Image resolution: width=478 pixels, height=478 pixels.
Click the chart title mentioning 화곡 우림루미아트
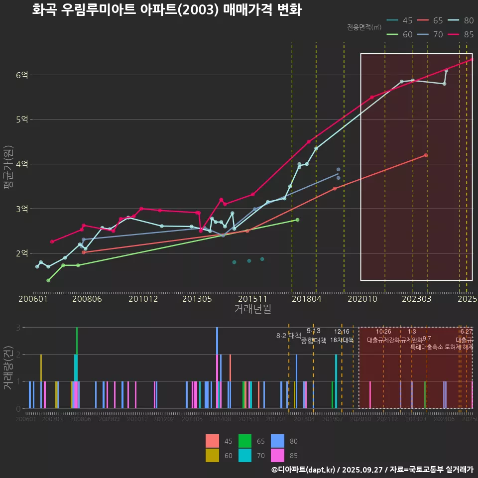(x=166, y=10)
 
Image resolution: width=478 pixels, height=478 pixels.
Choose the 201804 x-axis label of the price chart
(x=306, y=299)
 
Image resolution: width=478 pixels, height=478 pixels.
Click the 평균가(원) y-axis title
(x=8, y=167)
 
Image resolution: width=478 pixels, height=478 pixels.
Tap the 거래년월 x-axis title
(x=252, y=309)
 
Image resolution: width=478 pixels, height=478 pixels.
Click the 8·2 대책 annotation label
(x=289, y=336)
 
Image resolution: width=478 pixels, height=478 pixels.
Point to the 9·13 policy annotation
(x=313, y=331)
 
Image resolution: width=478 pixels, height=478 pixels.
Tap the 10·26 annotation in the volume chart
(x=383, y=332)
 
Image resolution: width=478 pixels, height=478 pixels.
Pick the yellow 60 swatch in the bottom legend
(x=212, y=455)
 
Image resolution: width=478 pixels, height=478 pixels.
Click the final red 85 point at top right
(x=472, y=59)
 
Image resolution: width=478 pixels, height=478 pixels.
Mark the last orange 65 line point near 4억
(x=426, y=155)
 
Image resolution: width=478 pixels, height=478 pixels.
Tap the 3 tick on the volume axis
(x=18, y=328)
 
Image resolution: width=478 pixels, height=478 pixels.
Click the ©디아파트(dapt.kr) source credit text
(x=303, y=470)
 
